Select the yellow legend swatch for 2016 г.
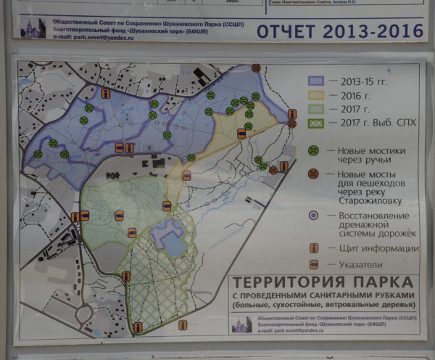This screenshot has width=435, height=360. click(x=318, y=95)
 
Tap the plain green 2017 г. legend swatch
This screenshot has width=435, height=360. click(x=318, y=109)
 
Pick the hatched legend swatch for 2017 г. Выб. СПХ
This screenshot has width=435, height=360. click(x=318, y=123)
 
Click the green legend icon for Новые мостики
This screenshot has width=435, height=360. click(x=314, y=151)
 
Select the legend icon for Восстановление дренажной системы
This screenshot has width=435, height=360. click(x=313, y=216)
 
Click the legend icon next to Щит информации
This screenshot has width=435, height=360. click(x=315, y=248)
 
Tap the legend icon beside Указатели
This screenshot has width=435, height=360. click(x=314, y=265)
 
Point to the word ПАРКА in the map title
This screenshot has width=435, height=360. click(x=388, y=282)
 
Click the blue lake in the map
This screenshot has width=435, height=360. click(x=172, y=239)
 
